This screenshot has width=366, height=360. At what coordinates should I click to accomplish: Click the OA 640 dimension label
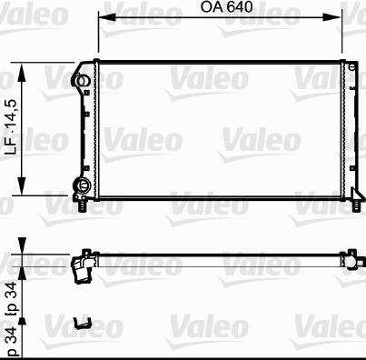point(226,7)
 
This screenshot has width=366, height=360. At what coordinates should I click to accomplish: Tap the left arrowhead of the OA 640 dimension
point(106,17)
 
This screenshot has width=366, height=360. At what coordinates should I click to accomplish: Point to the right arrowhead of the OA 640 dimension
point(332,17)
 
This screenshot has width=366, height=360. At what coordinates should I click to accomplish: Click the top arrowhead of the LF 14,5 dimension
point(22,72)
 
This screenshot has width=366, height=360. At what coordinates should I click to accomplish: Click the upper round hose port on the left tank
point(81,81)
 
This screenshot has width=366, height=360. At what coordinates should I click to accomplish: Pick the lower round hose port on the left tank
point(82,185)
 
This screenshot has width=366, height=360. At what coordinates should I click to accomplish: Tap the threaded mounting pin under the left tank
point(83,205)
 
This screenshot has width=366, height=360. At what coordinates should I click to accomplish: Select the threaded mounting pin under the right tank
point(357,205)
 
